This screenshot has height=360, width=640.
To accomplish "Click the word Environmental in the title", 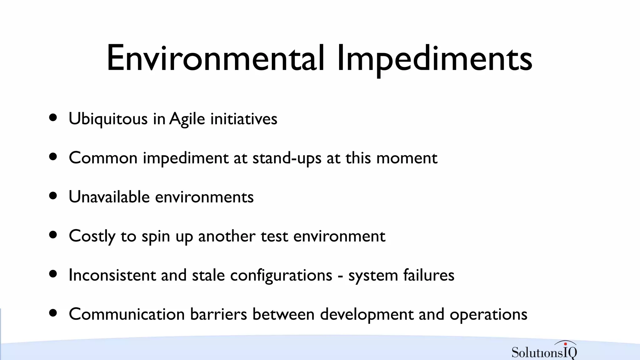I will pyautogui.click(x=215, y=58).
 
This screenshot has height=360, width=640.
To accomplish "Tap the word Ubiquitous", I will pyautogui.click(x=108, y=119).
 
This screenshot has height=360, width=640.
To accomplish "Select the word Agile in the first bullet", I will pyautogui.click(x=187, y=119).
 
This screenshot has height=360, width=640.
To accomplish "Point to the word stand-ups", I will pyautogui.click(x=287, y=158).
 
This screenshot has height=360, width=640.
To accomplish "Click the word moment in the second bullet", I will pyautogui.click(x=407, y=158).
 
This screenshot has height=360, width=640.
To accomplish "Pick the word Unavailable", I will pyautogui.click(x=109, y=197).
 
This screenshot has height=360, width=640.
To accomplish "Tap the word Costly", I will pyautogui.click(x=92, y=236).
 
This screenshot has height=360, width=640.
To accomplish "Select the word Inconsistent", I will pyautogui.click(x=112, y=275).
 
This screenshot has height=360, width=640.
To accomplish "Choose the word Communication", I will pyautogui.click(x=127, y=314).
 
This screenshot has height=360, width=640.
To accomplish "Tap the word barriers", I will pyautogui.click(x=218, y=314).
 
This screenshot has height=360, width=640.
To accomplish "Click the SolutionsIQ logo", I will pyautogui.click(x=544, y=351).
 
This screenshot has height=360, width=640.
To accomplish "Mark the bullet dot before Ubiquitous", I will pyautogui.click(x=53, y=117).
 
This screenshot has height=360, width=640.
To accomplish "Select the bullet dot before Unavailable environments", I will pyautogui.click(x=53, y=196).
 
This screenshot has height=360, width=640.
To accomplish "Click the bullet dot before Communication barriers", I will pyautogui.click(x=53, y=313).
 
